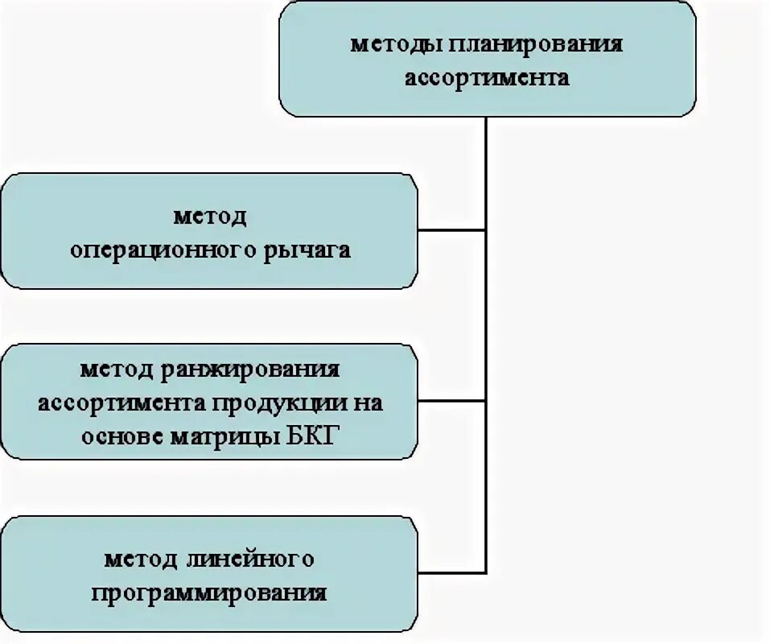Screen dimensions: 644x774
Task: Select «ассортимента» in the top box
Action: (487, 78)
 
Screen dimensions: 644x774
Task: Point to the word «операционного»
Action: (161, 250)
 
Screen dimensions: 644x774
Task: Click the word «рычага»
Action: (306, 250)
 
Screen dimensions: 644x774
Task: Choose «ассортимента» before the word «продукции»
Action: (122, 403)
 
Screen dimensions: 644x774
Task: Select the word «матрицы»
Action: (220, 437)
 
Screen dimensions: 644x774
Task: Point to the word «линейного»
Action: (249, 559)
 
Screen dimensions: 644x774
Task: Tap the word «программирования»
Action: (209, 593)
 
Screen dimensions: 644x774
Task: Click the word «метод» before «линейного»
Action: (141, 559)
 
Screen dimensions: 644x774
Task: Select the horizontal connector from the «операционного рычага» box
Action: (451, 230)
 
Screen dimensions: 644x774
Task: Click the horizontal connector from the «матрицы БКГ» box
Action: (451, 401)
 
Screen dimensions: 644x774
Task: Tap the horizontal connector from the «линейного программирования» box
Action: (451, 572)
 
